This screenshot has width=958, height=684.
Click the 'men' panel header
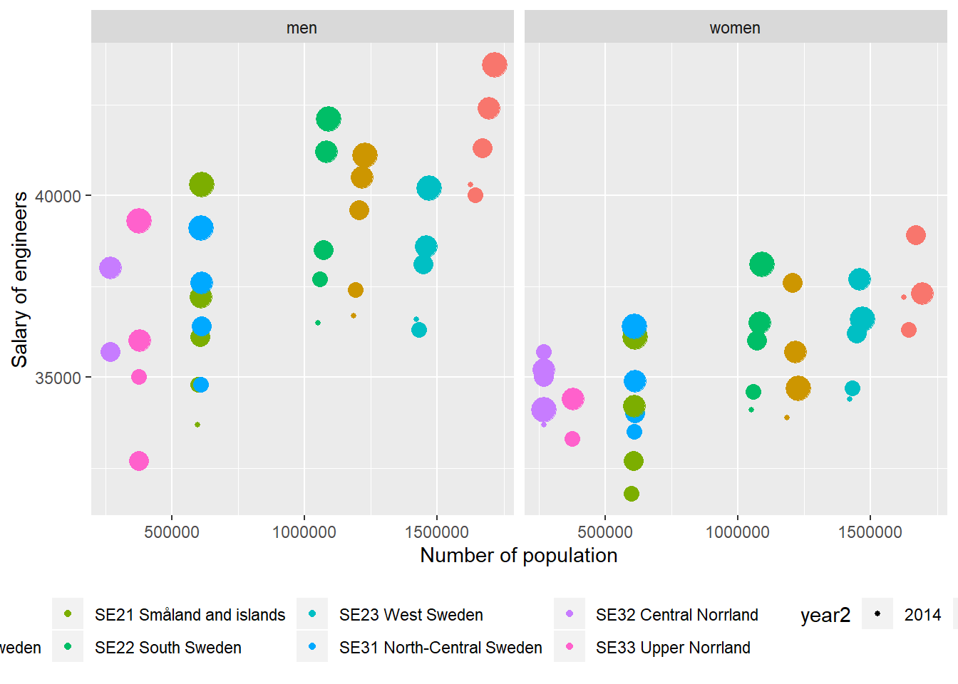302,28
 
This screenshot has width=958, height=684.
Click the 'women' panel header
735,28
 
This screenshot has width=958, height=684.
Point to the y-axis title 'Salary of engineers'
20,279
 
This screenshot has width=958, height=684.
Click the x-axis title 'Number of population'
518,556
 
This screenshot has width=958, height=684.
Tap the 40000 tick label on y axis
58,197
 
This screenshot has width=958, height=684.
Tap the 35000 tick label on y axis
58,378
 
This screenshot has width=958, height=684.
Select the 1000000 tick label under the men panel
304,532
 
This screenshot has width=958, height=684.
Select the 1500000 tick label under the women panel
870,532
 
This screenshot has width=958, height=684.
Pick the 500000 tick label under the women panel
604,532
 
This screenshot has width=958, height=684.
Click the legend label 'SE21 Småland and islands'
190,615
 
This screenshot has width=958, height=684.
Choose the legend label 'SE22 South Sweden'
168,648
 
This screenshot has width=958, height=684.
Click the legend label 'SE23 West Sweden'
411,615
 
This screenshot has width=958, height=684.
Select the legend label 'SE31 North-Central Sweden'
441,648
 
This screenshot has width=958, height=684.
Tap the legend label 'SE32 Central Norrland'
676,615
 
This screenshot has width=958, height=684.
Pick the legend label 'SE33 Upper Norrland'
673,648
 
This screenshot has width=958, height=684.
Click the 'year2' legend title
825,615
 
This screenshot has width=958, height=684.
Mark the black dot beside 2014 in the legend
877,613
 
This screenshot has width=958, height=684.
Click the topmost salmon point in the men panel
494,65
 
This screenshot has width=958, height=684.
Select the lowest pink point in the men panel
139,461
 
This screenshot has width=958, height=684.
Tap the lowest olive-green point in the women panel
632,494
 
